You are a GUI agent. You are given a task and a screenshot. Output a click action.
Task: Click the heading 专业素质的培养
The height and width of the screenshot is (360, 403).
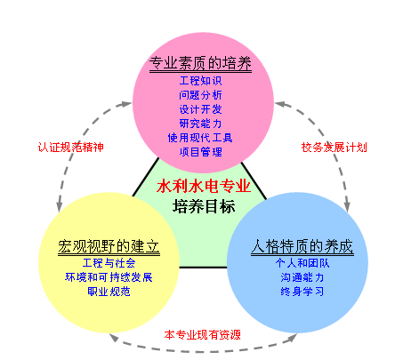tap(200, 63)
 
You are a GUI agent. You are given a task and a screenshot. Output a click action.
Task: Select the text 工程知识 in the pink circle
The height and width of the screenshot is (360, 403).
tap(201, 81)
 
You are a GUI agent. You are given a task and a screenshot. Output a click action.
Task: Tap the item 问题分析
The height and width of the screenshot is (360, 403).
tap(201, 95)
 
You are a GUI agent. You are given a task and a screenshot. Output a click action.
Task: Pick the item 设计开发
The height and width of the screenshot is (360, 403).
tap(201, 109)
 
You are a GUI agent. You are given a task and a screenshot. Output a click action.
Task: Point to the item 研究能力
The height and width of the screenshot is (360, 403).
tap(201, 124)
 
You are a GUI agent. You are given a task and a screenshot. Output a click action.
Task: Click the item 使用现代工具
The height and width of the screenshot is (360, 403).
tap(200, 138)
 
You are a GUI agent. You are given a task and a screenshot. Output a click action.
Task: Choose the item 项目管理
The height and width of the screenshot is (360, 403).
tap(201, 152)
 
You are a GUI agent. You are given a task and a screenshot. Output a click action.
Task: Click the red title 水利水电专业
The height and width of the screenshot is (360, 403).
tap(204, 187)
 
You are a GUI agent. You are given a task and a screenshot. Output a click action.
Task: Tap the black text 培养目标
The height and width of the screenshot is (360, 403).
tap(204, 206)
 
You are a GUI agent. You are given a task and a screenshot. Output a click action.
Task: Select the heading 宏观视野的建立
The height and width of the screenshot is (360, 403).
tap(109, 246)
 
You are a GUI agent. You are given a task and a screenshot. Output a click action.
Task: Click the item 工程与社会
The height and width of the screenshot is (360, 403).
tap(109, 263)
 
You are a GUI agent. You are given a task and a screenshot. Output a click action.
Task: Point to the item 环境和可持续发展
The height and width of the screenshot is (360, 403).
tap(109, 277)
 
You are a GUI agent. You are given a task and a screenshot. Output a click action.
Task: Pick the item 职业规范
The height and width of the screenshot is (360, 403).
tap(109, 292)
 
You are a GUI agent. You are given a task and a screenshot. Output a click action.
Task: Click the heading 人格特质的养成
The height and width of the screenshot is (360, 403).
tap(302, 246)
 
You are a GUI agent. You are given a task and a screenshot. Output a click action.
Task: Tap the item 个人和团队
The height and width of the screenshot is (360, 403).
tap(302, 263)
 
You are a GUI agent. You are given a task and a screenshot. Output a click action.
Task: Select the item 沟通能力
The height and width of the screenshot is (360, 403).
tap(302, 277)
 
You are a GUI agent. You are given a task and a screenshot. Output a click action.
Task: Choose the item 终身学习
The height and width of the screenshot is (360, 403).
tap(302, 292)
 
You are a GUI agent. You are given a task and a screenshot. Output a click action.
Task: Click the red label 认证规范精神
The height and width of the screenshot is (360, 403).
tap(71, 148)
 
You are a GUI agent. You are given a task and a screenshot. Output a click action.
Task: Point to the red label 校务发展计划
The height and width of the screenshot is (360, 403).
tap(334, 148)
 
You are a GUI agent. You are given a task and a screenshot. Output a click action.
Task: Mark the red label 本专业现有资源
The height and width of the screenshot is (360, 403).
tap(203, 335)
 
